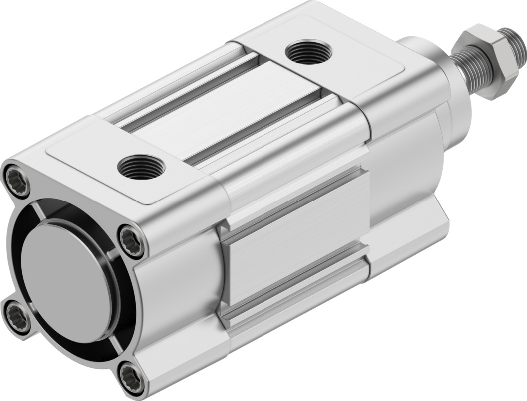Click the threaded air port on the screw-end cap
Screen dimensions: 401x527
coord(142,166)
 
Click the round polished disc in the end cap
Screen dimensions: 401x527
coord(67,282)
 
